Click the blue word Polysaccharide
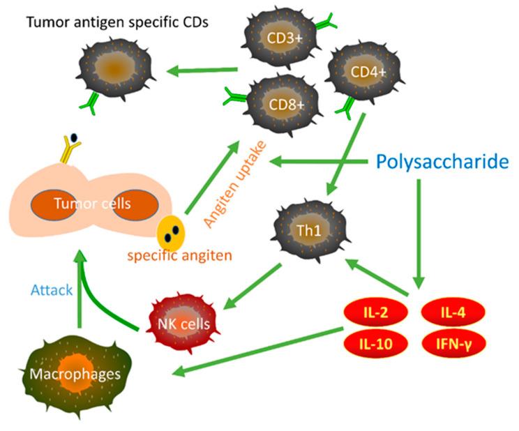coord(442,162)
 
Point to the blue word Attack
coord(51,289)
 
